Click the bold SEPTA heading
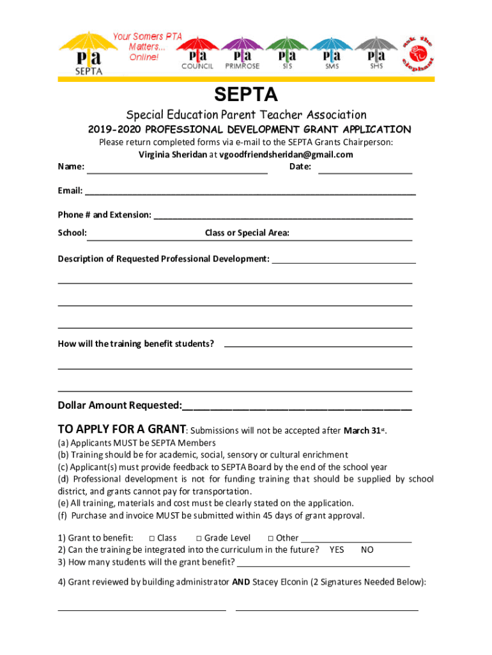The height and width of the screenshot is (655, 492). (x=246, y=95)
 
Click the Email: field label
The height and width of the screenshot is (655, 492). (x=70, y=191)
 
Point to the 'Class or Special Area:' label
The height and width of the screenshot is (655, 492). (x=247, y=233)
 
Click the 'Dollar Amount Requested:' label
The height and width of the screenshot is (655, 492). (x=119, y=406)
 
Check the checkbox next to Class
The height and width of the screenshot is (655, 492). (x=152, y=539)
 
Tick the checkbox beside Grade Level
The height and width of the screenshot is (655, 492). (x=199, y=539)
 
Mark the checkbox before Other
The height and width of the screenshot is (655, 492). (x=271, y=539)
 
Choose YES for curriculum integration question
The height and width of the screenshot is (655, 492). (x=337, y=549)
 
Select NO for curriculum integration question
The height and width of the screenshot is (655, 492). (x=367, y=549)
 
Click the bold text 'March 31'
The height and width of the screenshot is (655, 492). (x=362, y=430)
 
